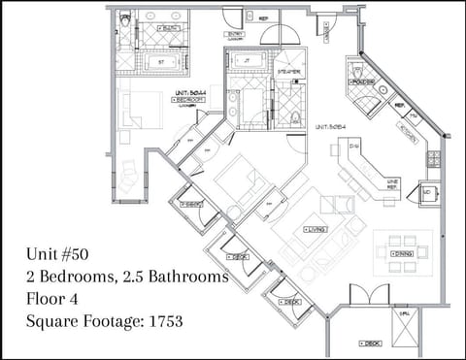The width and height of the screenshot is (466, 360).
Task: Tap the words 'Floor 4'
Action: click(x=57, y=299)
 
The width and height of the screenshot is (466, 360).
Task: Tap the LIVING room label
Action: click(x=315, y=229)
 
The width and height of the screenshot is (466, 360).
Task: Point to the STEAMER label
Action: click(x=289, y=73)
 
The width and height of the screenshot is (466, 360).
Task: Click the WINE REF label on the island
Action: click(x=392, y=181)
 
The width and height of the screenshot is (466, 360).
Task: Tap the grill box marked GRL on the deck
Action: click(x=403, y=323)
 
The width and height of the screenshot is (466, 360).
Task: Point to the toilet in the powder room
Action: click(x=357, y=71)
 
